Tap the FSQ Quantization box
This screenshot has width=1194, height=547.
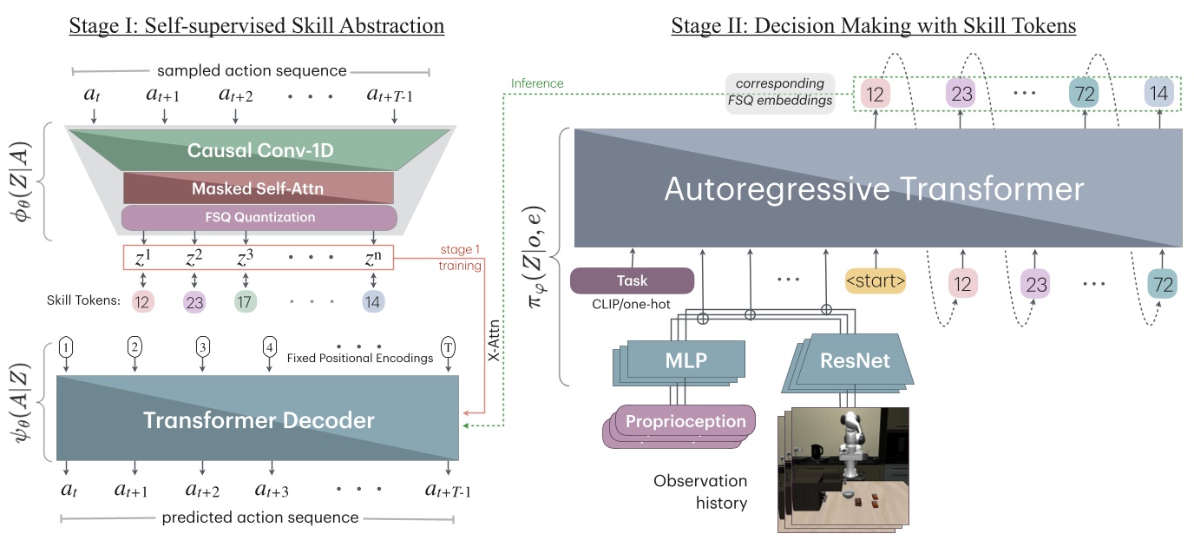(x=258, y=218)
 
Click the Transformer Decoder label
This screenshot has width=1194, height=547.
(x=258, y=421)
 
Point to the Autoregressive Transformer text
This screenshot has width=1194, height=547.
(x=874, y=189)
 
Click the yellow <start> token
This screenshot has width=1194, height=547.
(x=876, y=281)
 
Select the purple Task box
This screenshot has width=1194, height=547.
(x=632, y=281)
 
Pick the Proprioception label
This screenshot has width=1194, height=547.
(x=686, y=421)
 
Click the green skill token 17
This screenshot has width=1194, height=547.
(x=246, y=301)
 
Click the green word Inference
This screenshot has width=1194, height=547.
(x=536, y=83)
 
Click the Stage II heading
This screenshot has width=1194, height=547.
(x=874, y=27)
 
